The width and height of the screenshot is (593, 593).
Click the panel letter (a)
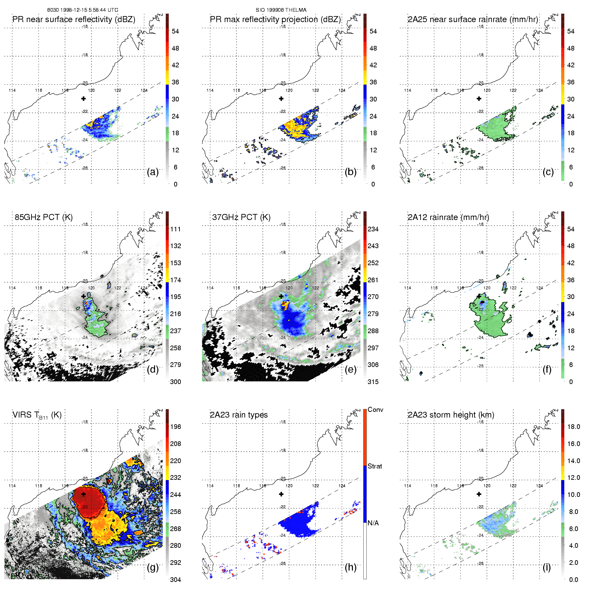pos(153,172)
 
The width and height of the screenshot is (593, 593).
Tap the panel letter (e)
pos(351,370)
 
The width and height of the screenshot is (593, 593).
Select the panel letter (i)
pos(547,568)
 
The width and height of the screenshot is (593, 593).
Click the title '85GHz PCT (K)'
pos(44,217)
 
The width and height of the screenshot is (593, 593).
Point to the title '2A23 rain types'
pos(239,415)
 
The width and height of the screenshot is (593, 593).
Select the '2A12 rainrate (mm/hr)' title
pos(448,217)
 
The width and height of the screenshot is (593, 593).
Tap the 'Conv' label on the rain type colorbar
pos(375,410)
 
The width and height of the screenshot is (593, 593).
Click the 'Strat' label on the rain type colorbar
pos(375,466)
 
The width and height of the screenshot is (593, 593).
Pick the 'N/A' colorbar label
pos(373,523)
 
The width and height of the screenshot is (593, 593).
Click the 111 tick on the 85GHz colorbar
pos(175,229)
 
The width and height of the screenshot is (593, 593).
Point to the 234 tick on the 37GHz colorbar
pos(373,229)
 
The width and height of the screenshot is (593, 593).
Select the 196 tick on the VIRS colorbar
pos(175,427)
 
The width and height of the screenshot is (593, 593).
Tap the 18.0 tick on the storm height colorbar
pos(574,427)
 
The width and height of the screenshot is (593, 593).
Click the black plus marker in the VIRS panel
pos(83,494)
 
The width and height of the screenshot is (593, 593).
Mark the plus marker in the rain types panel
pos(281,494)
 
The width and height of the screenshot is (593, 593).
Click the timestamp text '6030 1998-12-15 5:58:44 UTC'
pos(83,10)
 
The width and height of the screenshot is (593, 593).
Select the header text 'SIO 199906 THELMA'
pos(281,10)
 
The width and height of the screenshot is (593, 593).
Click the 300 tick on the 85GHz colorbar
pos(175,382)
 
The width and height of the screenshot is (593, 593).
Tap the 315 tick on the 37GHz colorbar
pos(373,382)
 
